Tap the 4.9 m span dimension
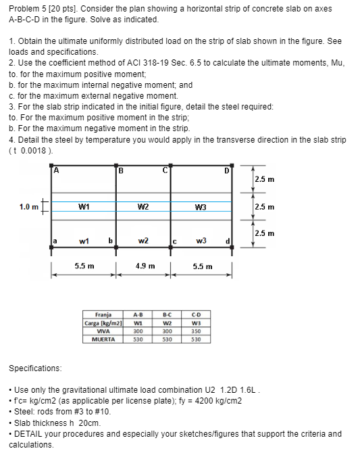[x=146, y=266]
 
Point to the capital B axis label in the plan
[x=120, y=170]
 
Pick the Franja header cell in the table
[x=103, y=314]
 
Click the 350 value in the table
[x=197, y=331]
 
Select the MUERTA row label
[x=104, y=339]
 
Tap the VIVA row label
[x=104, y=331]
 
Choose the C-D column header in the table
[x=197, y=314]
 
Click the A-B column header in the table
[x=138, y=314]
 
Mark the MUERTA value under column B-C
[x=168, y=339]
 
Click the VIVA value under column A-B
[x=138, y=331]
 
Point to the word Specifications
[x=34, y=368]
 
